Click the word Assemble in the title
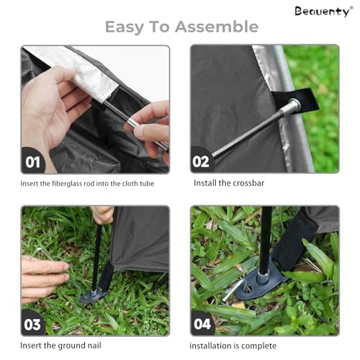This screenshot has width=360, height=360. point(217,27)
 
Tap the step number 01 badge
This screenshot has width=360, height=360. point(33,161)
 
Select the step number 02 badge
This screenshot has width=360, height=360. point(202,161)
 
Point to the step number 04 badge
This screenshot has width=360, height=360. point(202,323)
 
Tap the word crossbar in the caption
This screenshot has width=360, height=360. point(248,183)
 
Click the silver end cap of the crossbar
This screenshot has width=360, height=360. point(294,104)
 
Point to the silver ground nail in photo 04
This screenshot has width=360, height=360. point(232,291)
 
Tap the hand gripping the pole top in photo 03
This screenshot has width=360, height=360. point(103,215)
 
